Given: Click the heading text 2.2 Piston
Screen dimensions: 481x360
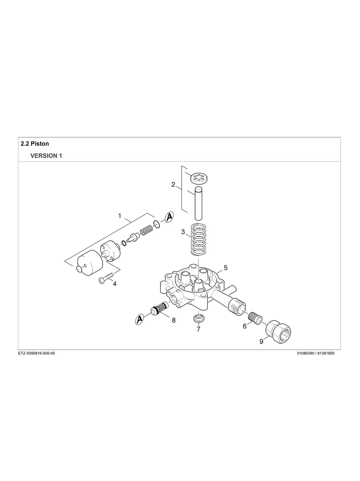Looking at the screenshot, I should coord(35,143).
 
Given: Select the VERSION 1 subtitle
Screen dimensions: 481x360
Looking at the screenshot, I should coord(46,156).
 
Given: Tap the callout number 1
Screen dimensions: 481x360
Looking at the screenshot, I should coord(120,216).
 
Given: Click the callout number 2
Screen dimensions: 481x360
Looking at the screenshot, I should coord(173,184).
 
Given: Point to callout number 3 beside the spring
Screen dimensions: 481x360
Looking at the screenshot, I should coord(183,232).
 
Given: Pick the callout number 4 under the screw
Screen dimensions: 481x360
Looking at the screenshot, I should coord(114,284).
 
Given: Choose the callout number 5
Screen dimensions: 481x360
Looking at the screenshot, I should coord(225,267).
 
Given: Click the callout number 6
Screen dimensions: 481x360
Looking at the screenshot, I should coord(245,326).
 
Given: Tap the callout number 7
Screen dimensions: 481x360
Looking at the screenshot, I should coord(198,329).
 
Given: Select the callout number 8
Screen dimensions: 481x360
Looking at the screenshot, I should coord(174,320).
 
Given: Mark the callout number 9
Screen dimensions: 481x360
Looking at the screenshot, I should coord(261,341).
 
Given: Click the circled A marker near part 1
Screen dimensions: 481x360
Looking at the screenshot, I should coord(169,217).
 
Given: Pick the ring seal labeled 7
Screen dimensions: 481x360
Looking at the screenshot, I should coord(198,318).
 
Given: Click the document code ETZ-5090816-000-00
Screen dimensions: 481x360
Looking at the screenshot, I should coord(37,354).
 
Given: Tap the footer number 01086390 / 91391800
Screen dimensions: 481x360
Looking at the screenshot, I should coord(315,354).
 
